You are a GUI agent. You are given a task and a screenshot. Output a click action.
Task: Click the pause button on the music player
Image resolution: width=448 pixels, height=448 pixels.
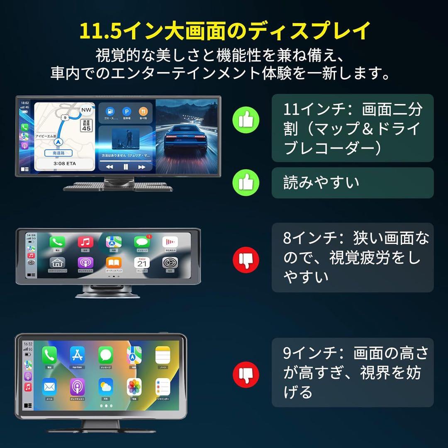(125, 167)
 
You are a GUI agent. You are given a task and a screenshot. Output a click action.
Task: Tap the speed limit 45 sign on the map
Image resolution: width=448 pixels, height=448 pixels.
(86, 125)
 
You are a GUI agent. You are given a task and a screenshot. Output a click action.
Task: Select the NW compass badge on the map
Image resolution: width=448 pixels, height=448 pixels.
(86, 110)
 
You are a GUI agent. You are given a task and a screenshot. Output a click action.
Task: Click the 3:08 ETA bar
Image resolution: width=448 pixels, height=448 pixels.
(64, 164)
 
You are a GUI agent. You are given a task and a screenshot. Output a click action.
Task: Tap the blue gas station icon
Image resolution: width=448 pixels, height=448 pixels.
(110, 111)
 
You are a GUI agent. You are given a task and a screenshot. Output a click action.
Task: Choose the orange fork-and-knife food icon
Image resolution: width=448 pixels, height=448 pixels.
(143, 111)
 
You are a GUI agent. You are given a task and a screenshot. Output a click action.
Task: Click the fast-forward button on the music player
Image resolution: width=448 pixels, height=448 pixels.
(142, 167)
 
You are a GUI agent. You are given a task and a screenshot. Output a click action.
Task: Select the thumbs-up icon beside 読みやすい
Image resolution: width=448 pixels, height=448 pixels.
(246, 183)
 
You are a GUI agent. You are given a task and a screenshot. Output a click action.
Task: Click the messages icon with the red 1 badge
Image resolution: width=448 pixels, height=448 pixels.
(141, 242)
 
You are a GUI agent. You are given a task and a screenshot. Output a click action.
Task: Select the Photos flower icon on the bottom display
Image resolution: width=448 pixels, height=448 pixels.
(134, 387)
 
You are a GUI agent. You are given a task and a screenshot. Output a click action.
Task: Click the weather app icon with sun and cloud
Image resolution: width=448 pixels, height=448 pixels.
(106, 387)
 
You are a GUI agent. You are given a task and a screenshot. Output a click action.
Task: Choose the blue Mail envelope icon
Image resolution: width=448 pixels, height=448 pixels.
(49, 387)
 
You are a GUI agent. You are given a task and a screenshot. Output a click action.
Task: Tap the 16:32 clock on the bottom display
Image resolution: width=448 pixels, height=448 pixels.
(28, 344)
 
